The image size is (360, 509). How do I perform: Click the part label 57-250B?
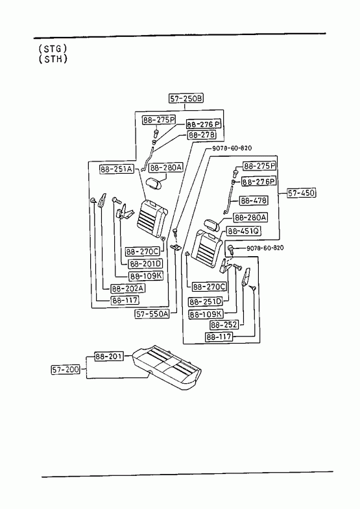click(186, 99)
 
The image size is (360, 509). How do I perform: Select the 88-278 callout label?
click(202, 135)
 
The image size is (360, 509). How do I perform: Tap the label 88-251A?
click(117, 169)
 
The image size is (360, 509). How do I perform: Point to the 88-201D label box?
click(146, 264)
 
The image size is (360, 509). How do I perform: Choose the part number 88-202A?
click(128, 289)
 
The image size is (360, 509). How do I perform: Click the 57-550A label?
click(152, 314)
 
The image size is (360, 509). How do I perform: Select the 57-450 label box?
click(301, 193)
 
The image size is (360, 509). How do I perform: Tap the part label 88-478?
click(254, 200)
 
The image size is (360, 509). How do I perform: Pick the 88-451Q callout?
click(244, 231)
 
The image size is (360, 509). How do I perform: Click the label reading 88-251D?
click(206, 302)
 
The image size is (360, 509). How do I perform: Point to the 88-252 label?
click(224, 325)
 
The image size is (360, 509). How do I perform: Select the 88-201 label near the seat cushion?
click(109, 356)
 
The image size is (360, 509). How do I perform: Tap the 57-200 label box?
click(66, 370)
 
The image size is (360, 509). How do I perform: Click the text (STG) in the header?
click(53, 49)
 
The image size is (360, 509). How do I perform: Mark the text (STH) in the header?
click(53, 59)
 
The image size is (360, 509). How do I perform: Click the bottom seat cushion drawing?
click(167, 368)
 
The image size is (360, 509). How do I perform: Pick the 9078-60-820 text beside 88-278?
click(232, 148)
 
